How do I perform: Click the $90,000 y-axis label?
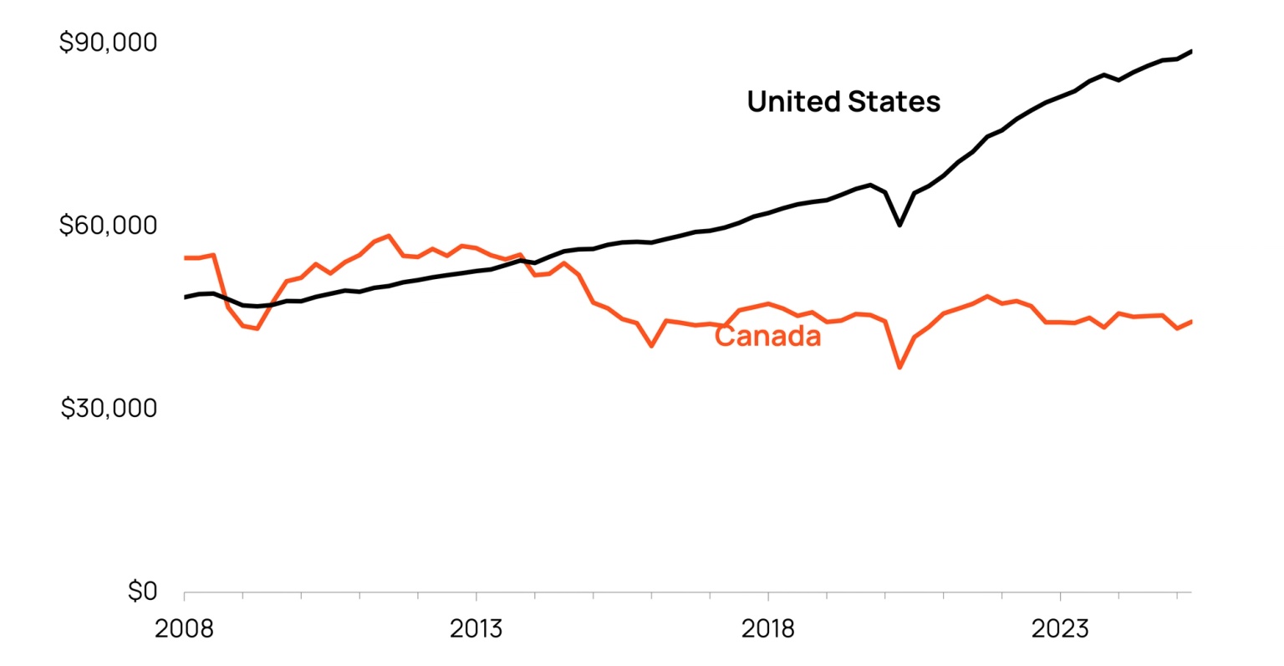point(108,42)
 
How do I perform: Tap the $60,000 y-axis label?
point(108,226)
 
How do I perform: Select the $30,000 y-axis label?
point(109,408)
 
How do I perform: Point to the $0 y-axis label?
point(142,592)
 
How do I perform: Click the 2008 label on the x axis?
point(184,628)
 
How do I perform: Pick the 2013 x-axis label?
point(476,628)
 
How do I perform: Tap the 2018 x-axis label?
point(767,628)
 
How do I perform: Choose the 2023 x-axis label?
point(1060,628)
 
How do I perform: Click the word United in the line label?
point(793,102)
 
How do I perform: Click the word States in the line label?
point(894,102)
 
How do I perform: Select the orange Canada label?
point(768,336)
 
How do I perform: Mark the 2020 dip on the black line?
point(899,225)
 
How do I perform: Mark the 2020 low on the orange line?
point(899,367)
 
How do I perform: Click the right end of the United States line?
point(1190,51)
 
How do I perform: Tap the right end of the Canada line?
point(1190,321)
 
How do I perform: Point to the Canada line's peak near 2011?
point(389,236)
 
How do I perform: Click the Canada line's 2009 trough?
point(257,328)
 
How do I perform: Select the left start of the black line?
point(185,297)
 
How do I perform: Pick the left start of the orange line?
point(185,257)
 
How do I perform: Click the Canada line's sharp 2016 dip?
point(651,345)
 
